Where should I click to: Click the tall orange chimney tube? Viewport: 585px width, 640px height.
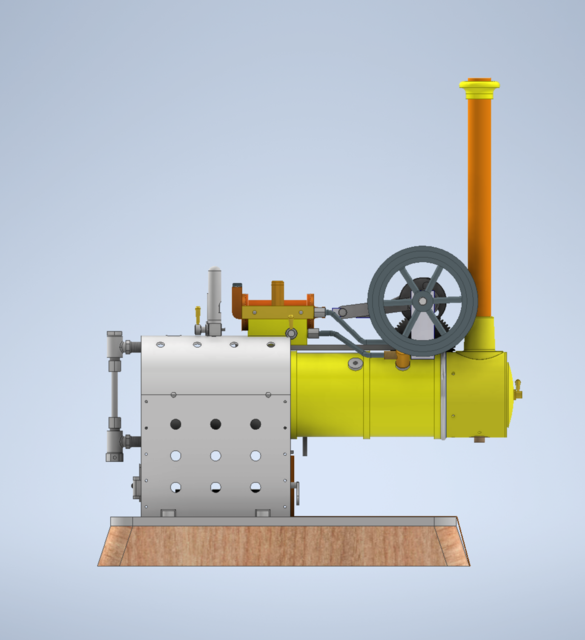479,200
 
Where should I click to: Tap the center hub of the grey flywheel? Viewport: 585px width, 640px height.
422,299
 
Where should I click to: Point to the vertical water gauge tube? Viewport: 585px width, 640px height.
113,395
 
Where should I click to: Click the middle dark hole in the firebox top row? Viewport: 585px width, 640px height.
215,424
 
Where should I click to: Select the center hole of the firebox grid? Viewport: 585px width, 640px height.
215,456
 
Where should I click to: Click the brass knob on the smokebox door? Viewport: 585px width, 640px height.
517,391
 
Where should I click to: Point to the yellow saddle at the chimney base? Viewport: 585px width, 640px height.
482,335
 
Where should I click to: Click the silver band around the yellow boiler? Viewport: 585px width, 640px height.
440,396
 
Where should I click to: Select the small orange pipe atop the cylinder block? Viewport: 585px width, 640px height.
277,289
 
